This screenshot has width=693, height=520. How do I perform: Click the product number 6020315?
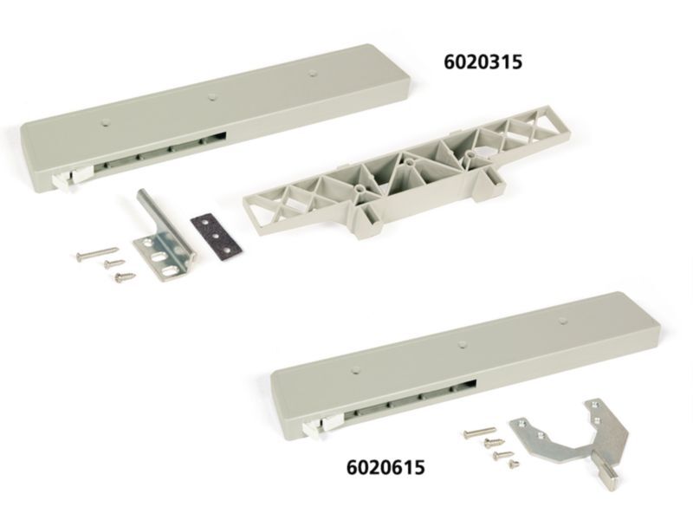(483, 62)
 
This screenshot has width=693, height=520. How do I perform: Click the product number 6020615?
(385, 467)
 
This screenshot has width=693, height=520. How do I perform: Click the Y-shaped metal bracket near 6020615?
(570, 438)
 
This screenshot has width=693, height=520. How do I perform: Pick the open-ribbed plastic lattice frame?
(406, 172)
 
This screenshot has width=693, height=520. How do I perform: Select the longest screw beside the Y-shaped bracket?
(480, 432)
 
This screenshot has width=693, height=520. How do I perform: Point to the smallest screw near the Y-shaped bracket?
(513, 463)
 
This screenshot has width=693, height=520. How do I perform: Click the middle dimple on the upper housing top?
(212, 95)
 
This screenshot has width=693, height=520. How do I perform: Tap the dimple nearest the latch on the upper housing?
(105, 121)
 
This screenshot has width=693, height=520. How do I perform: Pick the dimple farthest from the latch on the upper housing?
(313, 73)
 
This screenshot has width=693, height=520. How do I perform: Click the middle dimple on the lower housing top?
(463, 343)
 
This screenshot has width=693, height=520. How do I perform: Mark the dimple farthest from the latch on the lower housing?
(562, 320)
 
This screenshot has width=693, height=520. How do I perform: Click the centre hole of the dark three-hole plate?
(216, 237)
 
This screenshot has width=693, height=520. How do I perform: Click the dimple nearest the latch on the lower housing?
(354, 369)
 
